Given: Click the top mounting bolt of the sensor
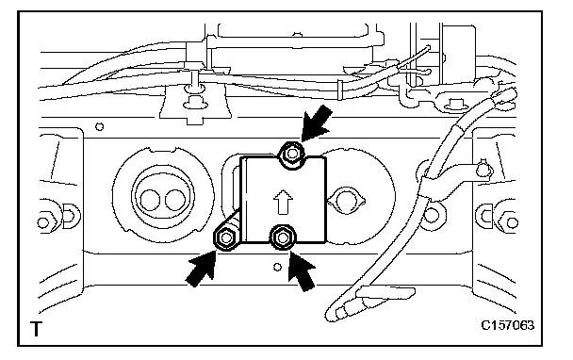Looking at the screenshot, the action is [x=291, y=154].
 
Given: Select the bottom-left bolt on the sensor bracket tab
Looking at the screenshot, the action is [x=225, y=238].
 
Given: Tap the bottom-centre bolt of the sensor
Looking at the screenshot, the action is [x=282, y=237].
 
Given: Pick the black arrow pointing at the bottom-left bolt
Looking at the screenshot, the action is [x=202, y=269].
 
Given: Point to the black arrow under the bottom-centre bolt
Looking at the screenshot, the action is [x=301, y=270].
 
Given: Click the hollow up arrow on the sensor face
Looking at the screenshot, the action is [x=283, y=202].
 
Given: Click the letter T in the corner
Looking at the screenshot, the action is [x=36, y=329].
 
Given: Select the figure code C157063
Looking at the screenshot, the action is [x=507, y=325].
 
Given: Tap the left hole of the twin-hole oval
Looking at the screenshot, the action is [x=150, y=201].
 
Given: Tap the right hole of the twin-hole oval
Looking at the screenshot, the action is [x=174, y=201].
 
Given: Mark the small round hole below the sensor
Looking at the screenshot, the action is [x=277, y=267].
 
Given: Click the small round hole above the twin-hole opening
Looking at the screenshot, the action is [x=99, y=127].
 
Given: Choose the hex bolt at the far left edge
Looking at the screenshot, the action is [x=44, y=222].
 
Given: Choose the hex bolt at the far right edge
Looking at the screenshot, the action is [x=511, y=222].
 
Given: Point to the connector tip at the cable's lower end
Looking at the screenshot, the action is [x=335, y=314].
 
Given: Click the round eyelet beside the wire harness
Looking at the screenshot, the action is [x=433, y=215].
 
